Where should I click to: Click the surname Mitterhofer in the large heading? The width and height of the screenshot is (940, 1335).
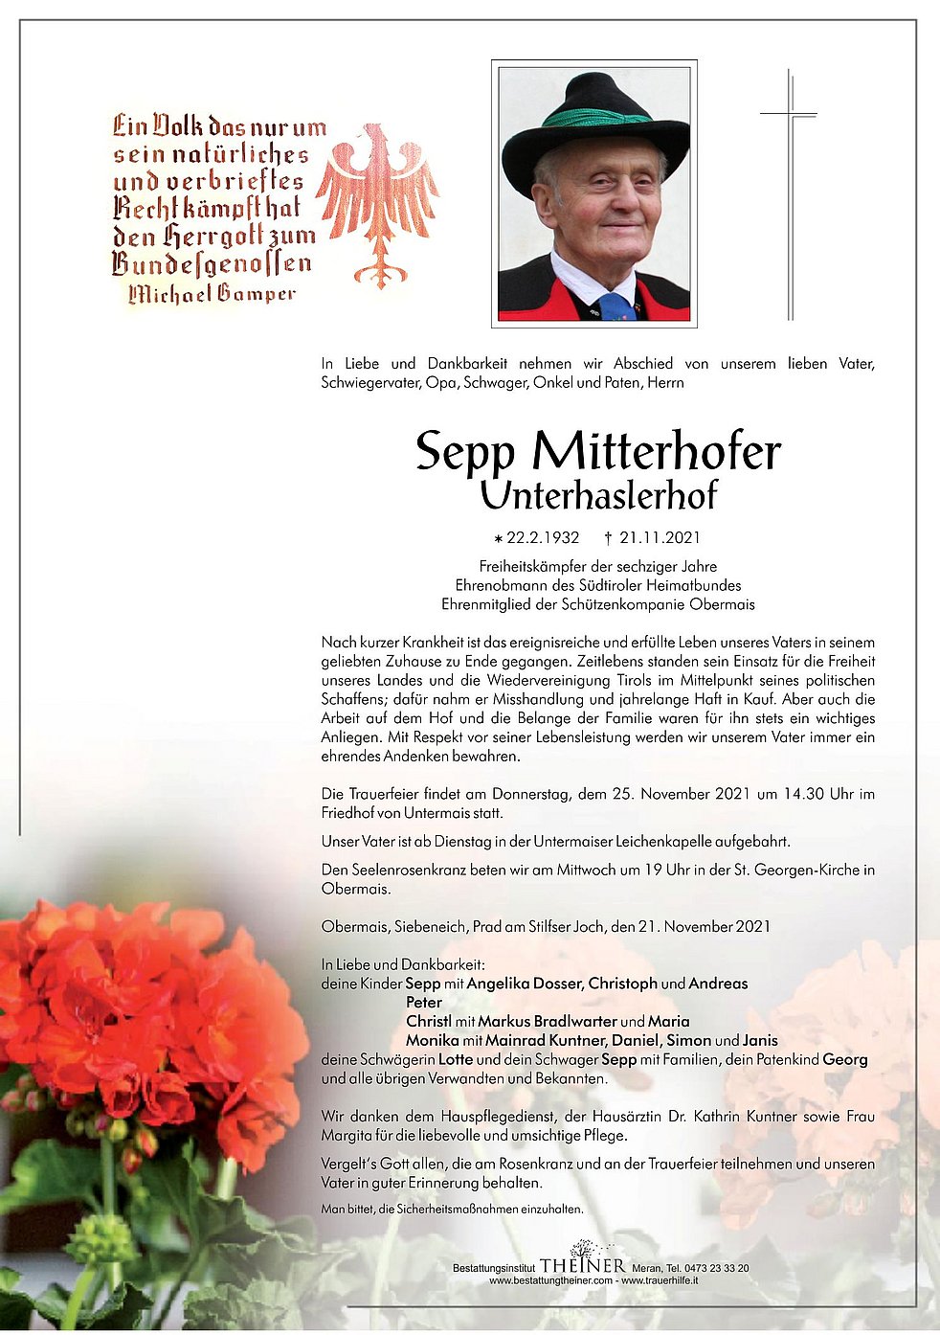[x=657, y=452]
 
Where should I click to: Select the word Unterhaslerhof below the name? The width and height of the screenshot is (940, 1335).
[x=598, y=495]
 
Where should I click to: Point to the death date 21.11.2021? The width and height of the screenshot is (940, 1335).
[x=660, y=538]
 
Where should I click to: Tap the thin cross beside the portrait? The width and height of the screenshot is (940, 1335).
[x=790, y=192]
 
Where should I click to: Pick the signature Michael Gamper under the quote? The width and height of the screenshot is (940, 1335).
[x=213, y=293]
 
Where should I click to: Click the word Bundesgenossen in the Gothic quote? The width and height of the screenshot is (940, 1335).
[x=212, y=263]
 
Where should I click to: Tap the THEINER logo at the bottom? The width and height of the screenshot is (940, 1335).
[x=582, y=1266]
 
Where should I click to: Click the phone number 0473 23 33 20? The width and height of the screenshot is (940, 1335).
[x=720, y=1268]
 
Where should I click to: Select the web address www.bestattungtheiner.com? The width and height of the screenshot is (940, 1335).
[x=550, y=1280]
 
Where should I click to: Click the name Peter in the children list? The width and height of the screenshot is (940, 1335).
[x=424, y=1003]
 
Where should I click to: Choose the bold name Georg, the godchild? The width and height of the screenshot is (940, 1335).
[x=845, y=1059]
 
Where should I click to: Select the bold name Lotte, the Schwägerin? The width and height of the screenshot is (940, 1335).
[x=455, y=1059]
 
